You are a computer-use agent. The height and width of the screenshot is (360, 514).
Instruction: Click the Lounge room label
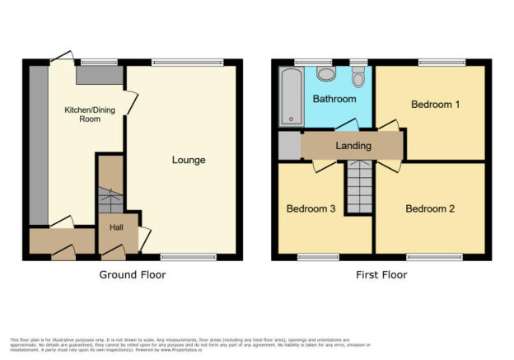189,160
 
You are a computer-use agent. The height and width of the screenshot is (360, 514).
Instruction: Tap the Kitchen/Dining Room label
84,114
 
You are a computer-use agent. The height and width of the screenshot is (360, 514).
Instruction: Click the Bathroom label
334,100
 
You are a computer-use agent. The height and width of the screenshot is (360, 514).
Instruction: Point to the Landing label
353,146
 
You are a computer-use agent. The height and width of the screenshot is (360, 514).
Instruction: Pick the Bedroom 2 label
430,208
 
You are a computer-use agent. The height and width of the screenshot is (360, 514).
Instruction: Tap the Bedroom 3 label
311,208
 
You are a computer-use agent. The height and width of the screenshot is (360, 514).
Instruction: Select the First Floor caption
381,274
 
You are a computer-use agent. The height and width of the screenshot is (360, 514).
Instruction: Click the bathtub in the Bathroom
290,96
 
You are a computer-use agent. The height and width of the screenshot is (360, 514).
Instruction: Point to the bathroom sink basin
326,74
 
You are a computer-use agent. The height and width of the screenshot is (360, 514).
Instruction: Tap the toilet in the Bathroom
358,77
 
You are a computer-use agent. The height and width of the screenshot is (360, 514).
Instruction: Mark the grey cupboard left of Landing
289,145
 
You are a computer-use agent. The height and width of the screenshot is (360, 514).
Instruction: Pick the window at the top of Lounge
187,62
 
